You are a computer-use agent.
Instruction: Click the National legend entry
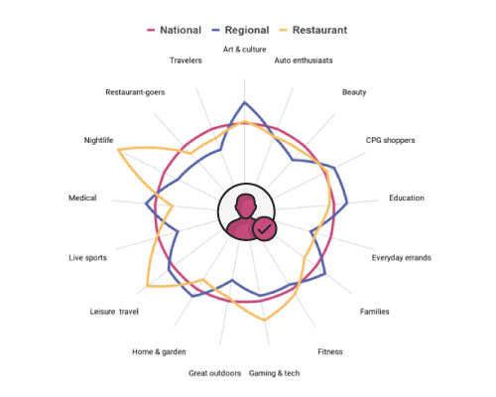pyautogui.click(x=175, y=30)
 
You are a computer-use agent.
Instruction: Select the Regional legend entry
pyautogui.click(x=240, y=30)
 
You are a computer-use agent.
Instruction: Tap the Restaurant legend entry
pyautogui.click(x=313, y=30)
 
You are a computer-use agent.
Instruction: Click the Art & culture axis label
pyautogui.click(x=244, y=50)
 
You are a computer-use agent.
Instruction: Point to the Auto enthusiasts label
pyautogui.click(x=304, y=61)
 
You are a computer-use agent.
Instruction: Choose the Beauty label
pyautogui.click(x=354, y=92)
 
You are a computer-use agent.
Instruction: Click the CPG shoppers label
pyautogui.click(x=390, y=140)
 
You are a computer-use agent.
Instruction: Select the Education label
pyautogui.click(x=407, y=198)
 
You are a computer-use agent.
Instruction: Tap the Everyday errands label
pyautogui.click(x=402, y=258)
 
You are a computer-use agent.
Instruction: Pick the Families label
pyautogui.click(x=375, y=312)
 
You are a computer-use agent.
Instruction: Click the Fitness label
pyautogui.click(x=330, y=351)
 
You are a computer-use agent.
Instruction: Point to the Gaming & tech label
pyautogui.click(x=275, y=373)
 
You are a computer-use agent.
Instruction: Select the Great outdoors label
pyautogui.click(x=215, y=373)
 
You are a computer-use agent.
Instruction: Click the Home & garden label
pyautogui.click(x=159, y=351)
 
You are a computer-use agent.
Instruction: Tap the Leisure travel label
pyautogui.click(x=114, y=312)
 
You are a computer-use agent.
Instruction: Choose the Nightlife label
pyautogui.click(x=98, y=140)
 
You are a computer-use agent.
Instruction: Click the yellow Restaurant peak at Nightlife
pyautogui.click(x=118, y=150)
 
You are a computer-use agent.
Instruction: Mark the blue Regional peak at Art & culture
pyautogui.click(x=244, y=102)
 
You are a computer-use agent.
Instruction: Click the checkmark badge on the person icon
pyautogui.click(x=264, y=229)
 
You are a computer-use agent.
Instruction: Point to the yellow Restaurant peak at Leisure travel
pyautogui.click(x=147, y=286)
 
